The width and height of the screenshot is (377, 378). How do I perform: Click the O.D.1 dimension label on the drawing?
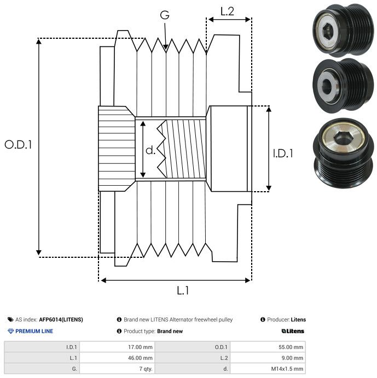click(x=18, y=145)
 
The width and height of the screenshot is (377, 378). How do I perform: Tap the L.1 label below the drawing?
click(x=182, y=291)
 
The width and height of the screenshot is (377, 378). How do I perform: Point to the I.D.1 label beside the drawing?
click(x=283, y=153)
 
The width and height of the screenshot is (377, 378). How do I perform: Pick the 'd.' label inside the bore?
click(x=151, y=150)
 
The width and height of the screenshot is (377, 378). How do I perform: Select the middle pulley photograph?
click(x=343, y=84)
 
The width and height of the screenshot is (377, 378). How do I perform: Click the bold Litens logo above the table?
click(x=293, y=331)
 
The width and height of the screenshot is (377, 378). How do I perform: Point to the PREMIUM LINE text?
click(x=34, y=331)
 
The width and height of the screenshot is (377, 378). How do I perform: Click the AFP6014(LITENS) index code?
click(x=61, y=320)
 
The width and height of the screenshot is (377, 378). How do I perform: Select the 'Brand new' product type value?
click(x=170, y=331)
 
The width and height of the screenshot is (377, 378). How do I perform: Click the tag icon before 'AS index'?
click(x=10, y=320)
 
